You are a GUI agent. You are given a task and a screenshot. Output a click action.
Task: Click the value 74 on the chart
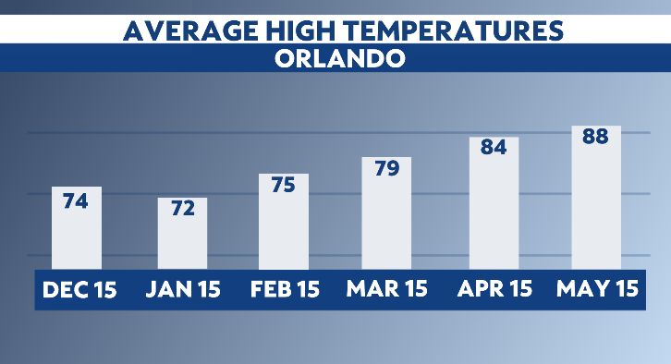coord(76,200)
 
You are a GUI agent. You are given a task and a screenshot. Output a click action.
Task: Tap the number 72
coord(182,209)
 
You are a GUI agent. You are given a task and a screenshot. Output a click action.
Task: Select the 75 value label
coord(283,185)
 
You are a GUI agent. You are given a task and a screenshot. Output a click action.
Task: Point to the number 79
coord(386,170)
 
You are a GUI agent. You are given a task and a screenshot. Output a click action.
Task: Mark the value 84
coord(494,148)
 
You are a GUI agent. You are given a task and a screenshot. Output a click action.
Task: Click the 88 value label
coord(595,137)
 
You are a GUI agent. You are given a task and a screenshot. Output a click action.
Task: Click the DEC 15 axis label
coord(79,289)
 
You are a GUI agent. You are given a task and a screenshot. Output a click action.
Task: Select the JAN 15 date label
coord(183,289)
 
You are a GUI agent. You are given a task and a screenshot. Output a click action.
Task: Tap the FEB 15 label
coord(285,289)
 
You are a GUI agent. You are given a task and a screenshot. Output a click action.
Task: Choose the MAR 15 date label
coord(387,289)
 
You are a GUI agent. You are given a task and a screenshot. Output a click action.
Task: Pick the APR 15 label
coord(494,289)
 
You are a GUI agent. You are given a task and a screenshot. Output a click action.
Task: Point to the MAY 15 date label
coord(597,289)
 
